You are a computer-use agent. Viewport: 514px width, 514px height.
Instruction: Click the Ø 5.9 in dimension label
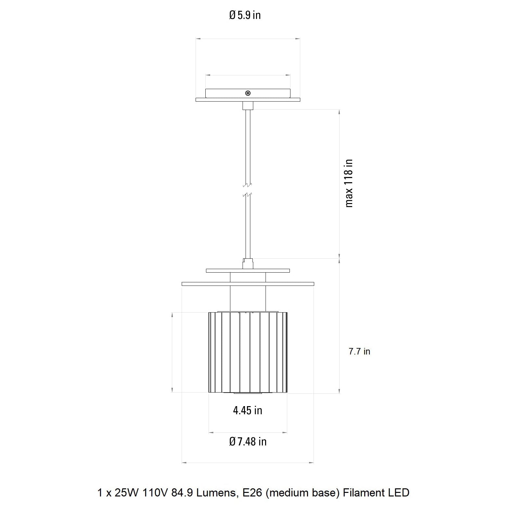click(x=245, y=15)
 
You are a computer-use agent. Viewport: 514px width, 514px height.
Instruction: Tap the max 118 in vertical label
click(x=349, y=183)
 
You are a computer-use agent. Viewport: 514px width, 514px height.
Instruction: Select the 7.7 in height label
click(x=359, y=352)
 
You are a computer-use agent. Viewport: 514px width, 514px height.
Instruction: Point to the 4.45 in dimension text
click(x=248, y=411)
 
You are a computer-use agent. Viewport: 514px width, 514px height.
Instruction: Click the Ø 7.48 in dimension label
click(x=248, y=442)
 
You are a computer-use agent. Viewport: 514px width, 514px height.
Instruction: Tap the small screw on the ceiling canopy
click(x=248, y=93)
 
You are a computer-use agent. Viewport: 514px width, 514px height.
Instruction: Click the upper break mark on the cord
click(x=248, y=186)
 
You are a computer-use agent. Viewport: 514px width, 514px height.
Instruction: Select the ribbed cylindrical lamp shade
click(x=248, y=353)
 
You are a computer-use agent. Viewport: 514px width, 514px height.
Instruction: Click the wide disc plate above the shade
click(x=248, y=284)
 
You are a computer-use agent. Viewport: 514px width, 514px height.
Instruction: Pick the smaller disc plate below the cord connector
click(x=248, y=271)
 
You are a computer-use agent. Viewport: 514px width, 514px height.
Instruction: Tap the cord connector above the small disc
click(x=248, y=263)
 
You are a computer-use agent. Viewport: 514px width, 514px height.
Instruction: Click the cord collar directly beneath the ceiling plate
click(x=248, y=106)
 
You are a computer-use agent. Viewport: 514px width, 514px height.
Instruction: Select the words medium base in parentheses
click(x=303, y=493)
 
